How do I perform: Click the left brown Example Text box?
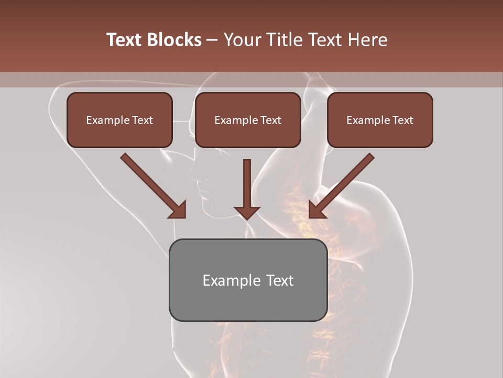(x=119, y=120)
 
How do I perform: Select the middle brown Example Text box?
(x=248, y=120)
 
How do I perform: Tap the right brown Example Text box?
(x=380, y=120)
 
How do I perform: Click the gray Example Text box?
(x=248, y=280)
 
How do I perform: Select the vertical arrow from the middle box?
(x=247, y=186)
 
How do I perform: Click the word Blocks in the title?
(x=176, y=40)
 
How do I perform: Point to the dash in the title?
(x=213, y=40)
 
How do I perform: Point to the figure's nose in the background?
(x=191, y=173)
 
